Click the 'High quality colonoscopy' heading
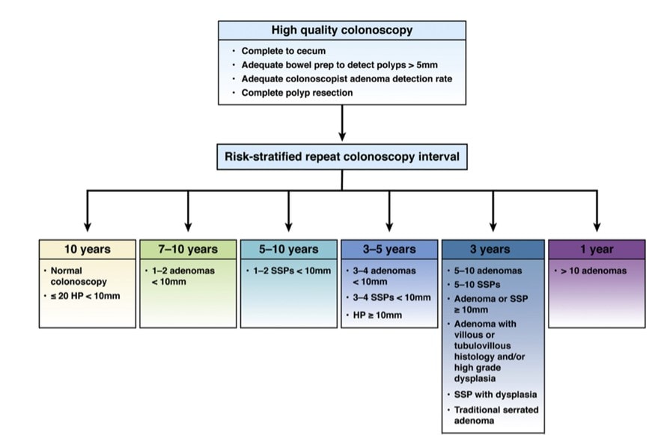coord(342,31)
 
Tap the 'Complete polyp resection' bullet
coord(297,93)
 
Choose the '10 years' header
coord(88,249)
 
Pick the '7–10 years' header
coord(188,249)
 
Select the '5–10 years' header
coord(288,249)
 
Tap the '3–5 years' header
coord(389,249)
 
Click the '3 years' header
coord(492,249)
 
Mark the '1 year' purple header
coord(597,249)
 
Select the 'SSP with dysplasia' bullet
coord(495,394)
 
